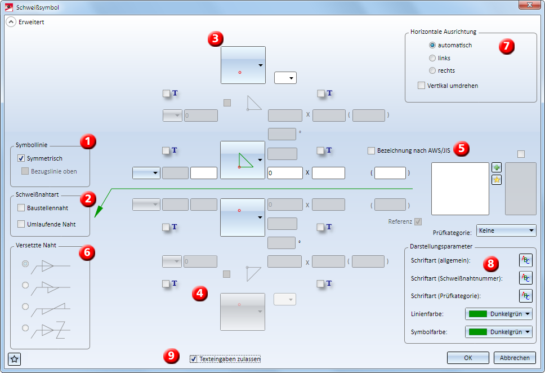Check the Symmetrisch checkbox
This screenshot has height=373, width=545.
point(22,159)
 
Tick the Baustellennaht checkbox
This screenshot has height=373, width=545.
point(21,208)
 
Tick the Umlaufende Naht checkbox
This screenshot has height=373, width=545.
point(21,224)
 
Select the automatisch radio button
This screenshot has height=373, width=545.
point(432,45)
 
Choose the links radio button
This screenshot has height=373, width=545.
point(432,58)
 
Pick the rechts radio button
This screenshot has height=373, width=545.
point(432,70)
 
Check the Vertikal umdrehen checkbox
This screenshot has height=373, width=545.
point(421,86)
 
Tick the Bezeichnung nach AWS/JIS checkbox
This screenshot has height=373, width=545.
point(371,150)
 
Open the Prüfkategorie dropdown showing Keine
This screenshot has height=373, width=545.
point(506,230)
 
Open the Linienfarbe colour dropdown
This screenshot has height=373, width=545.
point(499,314)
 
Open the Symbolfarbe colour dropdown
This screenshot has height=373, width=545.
point(499,332)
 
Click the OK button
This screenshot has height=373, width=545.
point(468,358)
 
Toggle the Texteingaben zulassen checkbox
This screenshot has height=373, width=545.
point(194,359)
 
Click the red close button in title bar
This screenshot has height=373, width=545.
point(529,7)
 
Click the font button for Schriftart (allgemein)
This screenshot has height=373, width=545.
point(525,260)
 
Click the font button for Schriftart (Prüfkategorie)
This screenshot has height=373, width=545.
point(525,296)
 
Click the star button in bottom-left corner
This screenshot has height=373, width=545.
point(15,358)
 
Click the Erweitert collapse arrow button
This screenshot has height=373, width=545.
point(11,23)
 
